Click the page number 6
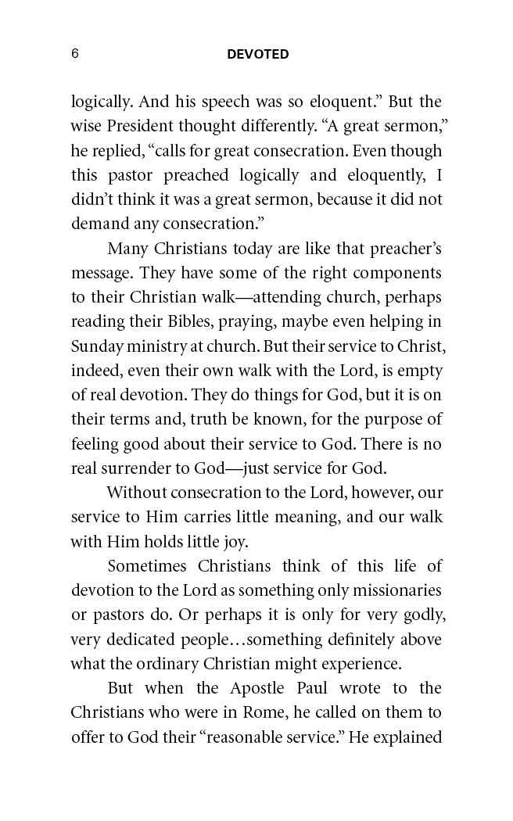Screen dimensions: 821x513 point(75,54)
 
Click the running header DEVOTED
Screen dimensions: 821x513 point(258,55)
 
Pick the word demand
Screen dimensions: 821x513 point(94,224)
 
